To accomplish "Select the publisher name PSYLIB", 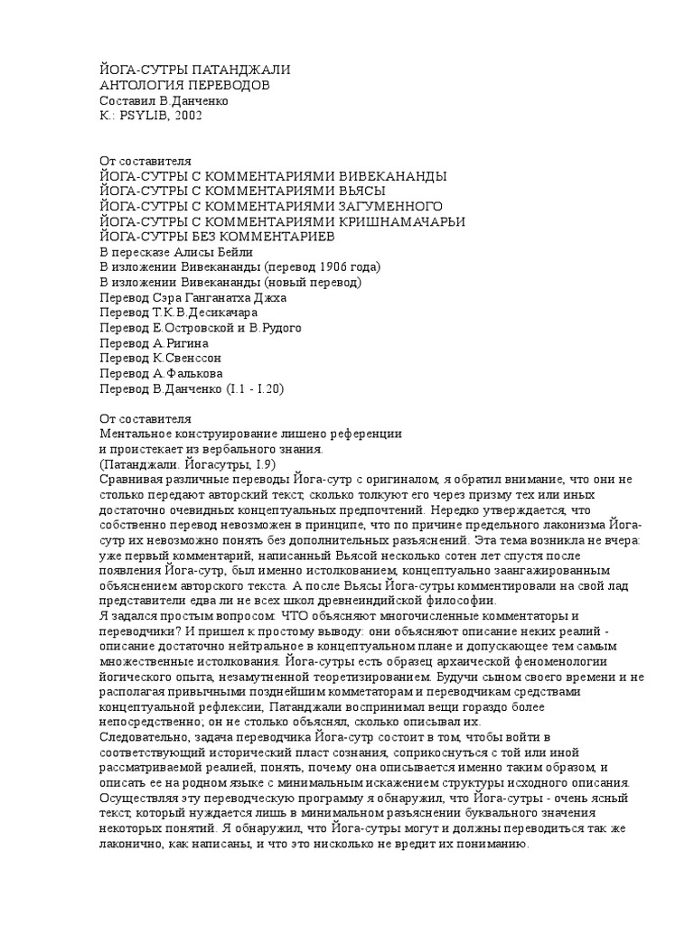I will tap(142, 117).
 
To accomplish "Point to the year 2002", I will tap(188, 117).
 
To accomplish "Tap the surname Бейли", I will tap(234, 252).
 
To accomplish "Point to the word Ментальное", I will tap(136, 434).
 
